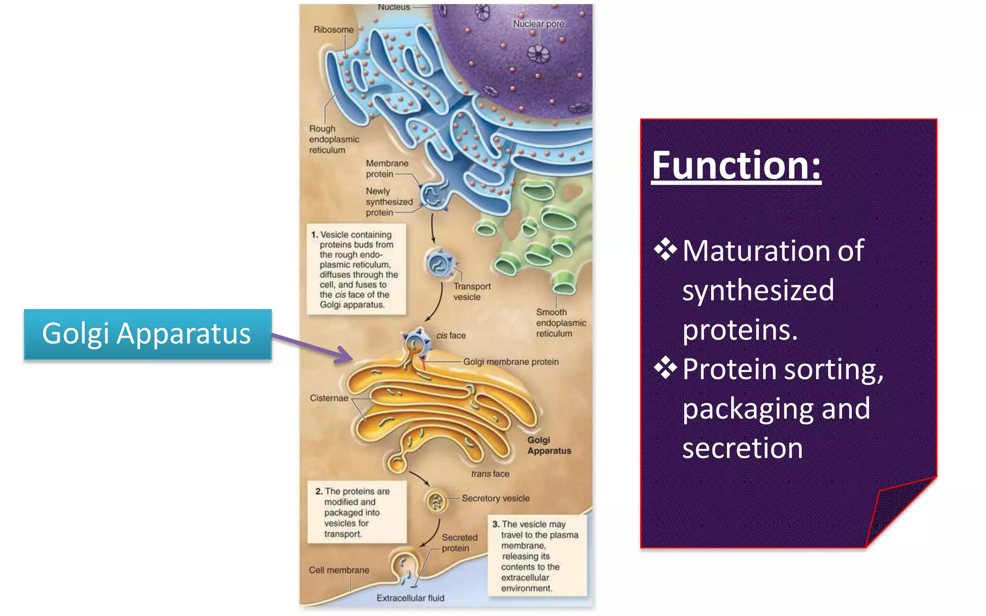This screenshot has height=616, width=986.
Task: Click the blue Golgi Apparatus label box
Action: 147,334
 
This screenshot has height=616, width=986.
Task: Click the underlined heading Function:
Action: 736,166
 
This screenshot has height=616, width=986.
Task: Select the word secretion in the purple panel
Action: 742,448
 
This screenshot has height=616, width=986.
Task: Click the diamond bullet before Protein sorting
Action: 665,368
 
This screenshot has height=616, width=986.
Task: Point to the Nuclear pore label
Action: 538,24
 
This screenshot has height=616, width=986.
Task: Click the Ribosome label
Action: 333,30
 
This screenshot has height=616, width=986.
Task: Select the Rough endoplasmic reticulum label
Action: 333,139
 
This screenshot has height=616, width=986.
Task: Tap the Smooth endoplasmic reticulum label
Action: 560,322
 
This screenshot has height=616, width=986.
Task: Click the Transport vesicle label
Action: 471,291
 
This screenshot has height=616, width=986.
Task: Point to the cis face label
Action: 451,335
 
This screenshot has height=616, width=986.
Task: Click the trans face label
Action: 490,474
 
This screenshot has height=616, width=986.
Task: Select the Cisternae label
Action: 328,398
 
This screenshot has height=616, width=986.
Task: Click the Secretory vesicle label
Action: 495,498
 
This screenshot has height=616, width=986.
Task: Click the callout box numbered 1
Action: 356,269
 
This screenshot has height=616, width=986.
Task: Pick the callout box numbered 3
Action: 537,555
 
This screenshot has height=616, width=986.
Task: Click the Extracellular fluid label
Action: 410,598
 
